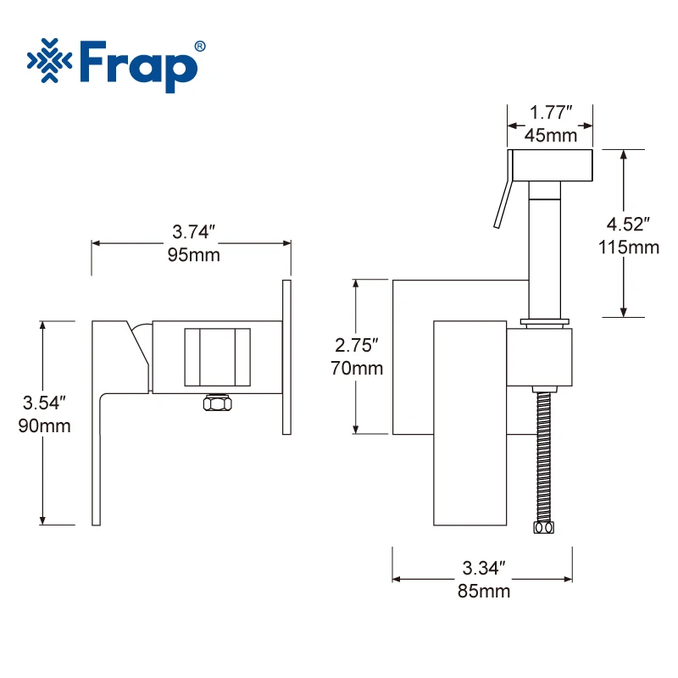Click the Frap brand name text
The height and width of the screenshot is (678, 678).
pyautogui.click(x=138, y=66)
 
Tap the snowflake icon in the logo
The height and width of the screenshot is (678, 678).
pyautogui.click(x=50, y=60)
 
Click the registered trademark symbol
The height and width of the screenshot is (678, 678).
pyautogui.click(x=200, y=47)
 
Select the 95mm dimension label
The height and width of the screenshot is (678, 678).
pyautogui.click(x=194, y=255)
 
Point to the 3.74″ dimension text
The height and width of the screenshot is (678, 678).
pyautogui.click(x=194, y=231)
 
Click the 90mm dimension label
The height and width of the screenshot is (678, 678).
pyautogui.click(x=45, y=426)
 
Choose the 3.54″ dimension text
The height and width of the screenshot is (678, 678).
pyautogui.click(x=44, y=403)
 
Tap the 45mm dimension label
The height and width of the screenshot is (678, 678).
pyautogui.click(x=551, y=136)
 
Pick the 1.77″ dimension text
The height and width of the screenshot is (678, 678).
pyautogui.click(x=551, y=113)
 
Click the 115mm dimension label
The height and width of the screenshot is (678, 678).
pyautogui.click(x=629, y=247)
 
